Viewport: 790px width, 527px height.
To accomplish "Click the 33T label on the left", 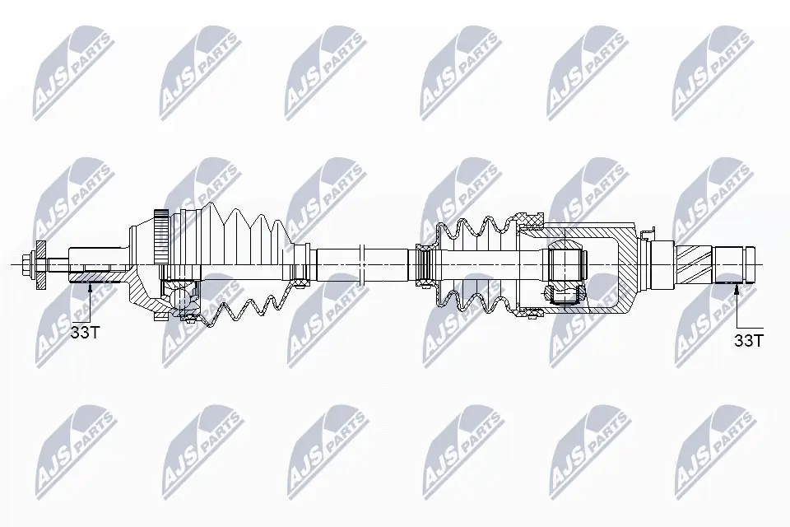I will tap(86, 333).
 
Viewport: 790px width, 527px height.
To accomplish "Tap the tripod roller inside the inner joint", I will tap(567, 263).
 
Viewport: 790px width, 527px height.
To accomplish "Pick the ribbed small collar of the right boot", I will tap(425, 263).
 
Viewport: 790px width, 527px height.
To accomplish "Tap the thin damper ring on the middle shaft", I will tap(362, 263).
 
